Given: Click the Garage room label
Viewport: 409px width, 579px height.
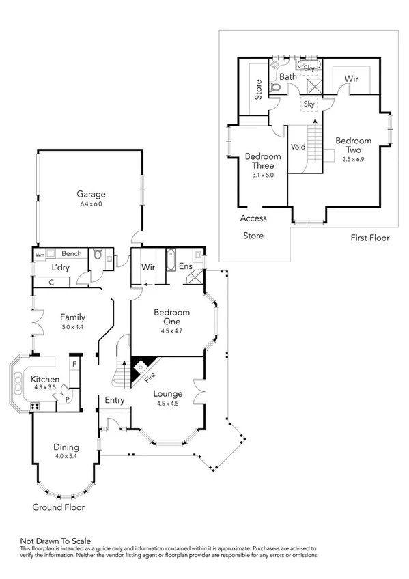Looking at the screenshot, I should tap(90, 194).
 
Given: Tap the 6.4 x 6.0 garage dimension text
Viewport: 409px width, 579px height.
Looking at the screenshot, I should tap(90, 203).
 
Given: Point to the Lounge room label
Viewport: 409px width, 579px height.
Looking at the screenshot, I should tap(167, 393).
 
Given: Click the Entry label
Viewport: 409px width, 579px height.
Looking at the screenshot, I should tap(115, 401).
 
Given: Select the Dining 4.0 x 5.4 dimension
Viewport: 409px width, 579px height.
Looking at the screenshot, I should tap(66, 457).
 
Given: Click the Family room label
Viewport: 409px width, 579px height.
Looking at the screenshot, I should tap(72, 317).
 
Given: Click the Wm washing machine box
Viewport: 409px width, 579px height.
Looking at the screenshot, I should tap(40, 254).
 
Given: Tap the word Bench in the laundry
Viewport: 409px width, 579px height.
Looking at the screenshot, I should tap(71, 253).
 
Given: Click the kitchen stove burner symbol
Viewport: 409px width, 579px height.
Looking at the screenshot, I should tap(34, 406).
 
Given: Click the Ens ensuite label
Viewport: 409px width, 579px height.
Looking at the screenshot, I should tap(185, 266).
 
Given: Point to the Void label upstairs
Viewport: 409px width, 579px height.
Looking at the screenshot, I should tap(298, 147).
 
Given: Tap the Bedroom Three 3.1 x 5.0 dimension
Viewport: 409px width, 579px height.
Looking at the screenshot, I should tap(263, 175).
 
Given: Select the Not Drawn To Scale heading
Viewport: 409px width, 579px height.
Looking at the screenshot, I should tap(55, 540).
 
